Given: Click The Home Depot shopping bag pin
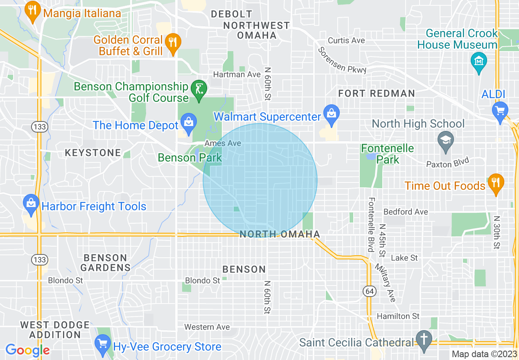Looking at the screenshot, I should (188, 124).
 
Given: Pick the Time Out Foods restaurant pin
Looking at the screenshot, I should (496, 183).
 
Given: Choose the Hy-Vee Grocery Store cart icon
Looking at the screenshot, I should (102, 345).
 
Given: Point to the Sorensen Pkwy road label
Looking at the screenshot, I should (342, 60).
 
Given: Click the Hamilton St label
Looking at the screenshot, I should (398, 316).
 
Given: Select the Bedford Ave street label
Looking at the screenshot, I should (406, 212).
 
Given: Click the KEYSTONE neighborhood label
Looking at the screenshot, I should (93, 153).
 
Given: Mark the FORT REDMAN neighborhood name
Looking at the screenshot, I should (377, 94).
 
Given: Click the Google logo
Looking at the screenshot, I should (27, 350).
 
